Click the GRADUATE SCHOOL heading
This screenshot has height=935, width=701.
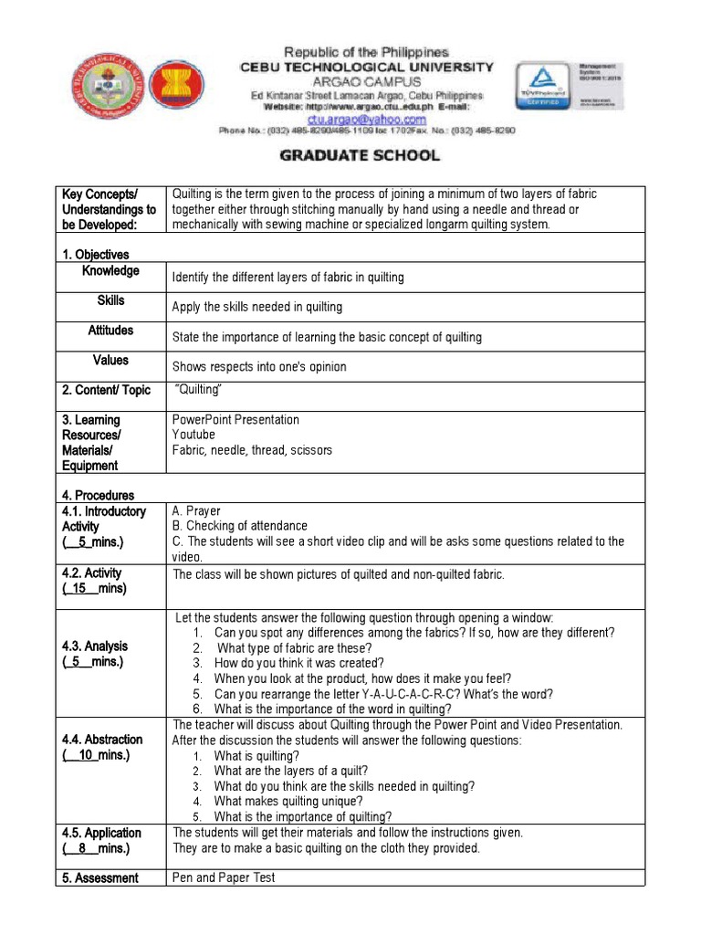click(x=359, y=155)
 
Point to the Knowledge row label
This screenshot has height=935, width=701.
click(x=110, y=271)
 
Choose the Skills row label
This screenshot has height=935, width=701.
click(x=110, y=300)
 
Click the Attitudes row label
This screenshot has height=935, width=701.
click(x=110, y=331)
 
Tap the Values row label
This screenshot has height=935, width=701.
click(x=110, y=360)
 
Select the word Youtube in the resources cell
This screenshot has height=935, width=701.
click(x=194, y=435)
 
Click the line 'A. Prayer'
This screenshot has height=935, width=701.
click(x=196, y=511)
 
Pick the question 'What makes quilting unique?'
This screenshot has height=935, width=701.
click(x=288, y=802)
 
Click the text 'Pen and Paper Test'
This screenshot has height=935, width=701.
click(x=224, y=877)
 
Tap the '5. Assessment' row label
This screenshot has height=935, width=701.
click(x=100, y=877)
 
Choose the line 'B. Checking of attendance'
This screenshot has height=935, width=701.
click(x=240, y=526)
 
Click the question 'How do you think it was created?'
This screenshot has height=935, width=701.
click(x=299, y=663)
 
